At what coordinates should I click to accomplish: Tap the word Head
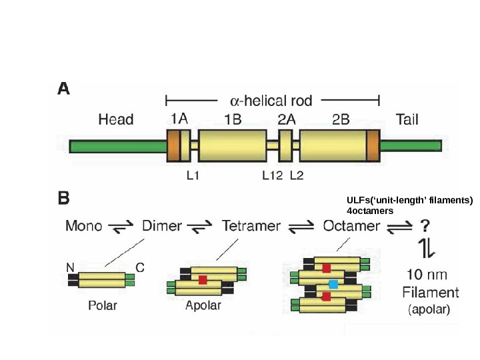[116, 120]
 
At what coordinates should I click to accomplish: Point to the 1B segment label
[232, 120]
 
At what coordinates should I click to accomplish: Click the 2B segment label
[341, 120]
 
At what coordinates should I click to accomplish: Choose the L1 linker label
[193, 176]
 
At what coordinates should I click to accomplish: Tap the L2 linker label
[297, 176]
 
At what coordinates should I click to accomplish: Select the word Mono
[84, 226]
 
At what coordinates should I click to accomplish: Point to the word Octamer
[351, 226]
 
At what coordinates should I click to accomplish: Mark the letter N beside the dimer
[70, 267]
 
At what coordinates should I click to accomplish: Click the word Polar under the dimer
[103, 306]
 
